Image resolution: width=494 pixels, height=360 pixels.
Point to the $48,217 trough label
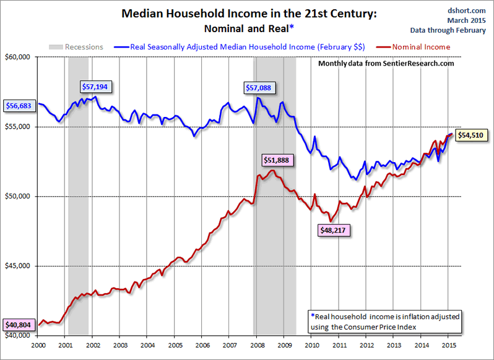333,229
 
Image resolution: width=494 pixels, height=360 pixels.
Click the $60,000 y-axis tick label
17,58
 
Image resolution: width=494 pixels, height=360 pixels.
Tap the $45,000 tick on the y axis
17,266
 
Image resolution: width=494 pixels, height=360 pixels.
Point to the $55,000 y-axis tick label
17,127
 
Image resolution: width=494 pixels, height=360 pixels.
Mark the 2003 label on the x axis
120,344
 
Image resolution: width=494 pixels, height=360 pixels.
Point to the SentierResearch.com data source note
386,63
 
